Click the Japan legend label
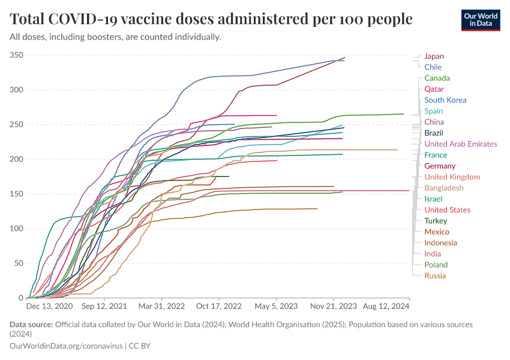(434, 56)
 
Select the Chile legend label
(433, 67)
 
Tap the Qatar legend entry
(434, 89)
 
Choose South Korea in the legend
(445, 100)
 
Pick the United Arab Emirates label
(460, 144)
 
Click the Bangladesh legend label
(443, 188)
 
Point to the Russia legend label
(434, 276)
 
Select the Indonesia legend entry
(440, 243)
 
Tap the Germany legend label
(440, 166)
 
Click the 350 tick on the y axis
(16, 55)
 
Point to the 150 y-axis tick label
(16, 194)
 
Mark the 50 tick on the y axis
(18, 263)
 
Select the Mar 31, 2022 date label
(162, 306)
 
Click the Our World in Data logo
(481, 20)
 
